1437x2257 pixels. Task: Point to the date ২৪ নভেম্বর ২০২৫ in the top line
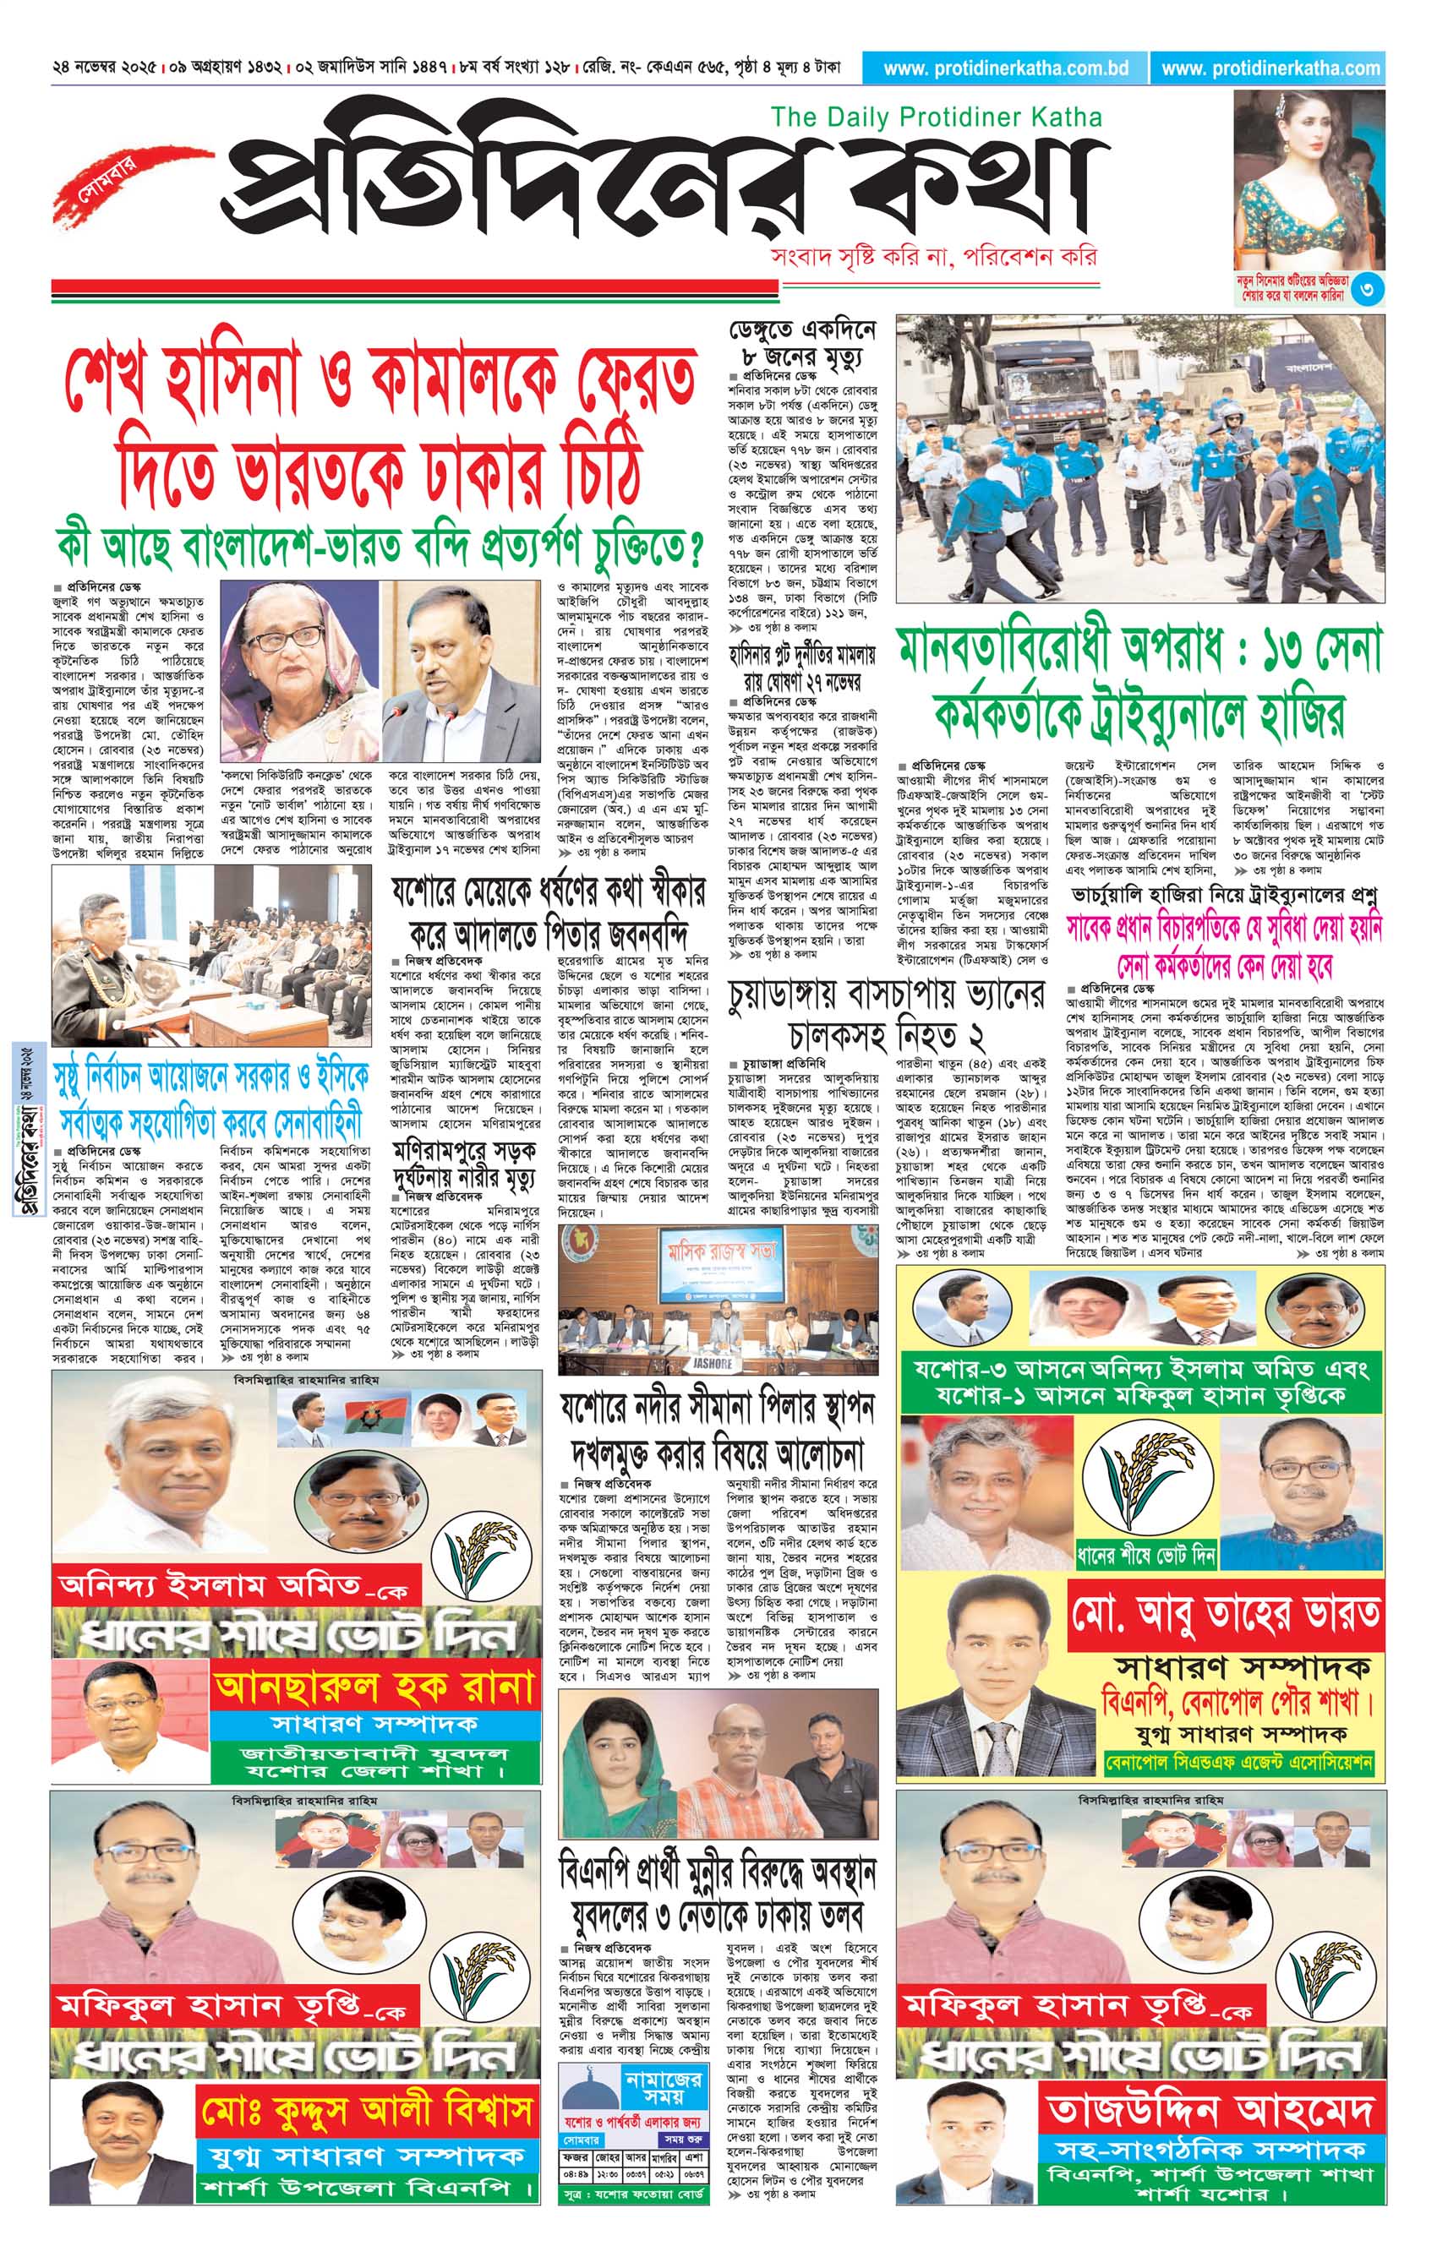104,68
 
